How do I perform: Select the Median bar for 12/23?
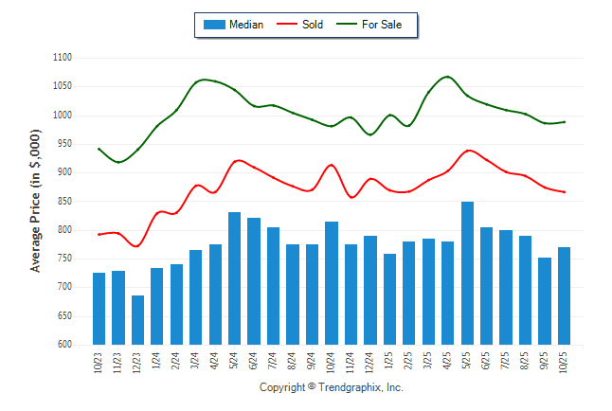(x=137, y=320)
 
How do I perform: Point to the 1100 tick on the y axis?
(x=63, y=58)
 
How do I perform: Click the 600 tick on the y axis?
(x=65, y=345)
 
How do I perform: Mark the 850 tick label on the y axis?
(x=65, y=201)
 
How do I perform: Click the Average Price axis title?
(x=36, y=202)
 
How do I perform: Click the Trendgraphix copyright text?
(x=332, y=387)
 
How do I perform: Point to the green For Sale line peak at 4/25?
(x=448, y=77)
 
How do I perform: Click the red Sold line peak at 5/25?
(x=468, y=151)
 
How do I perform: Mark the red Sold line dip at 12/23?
(x=137, y=246)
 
